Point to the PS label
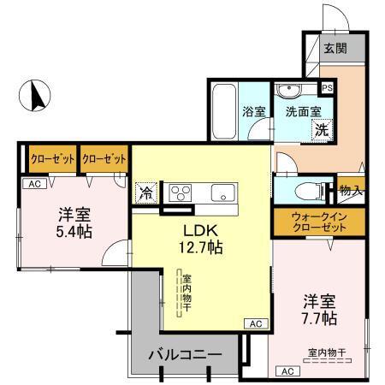[326, 87]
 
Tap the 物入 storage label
[350, 190]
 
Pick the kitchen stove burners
[183, 192]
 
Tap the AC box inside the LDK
[254, 323]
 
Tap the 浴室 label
[254, 110]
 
